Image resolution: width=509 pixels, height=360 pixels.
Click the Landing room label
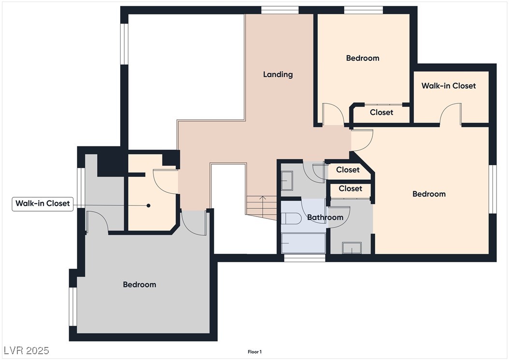click(x=278, y=74)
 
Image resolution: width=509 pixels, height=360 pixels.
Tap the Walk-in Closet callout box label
click(x=42, y=203)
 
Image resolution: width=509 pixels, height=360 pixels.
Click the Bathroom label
click(x=325, y=217)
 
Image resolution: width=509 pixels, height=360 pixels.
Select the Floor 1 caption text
click(x=254, y=352)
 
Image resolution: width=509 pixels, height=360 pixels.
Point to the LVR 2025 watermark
click(x=27, y=350)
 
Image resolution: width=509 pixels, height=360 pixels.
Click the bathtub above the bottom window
click(x=303, y=243)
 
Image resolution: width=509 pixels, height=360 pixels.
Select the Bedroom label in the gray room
click(x=140, y=285)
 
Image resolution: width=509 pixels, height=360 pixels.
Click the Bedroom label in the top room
click(x=363, y=58)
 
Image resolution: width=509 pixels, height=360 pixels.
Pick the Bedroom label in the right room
click(x=429, y=194)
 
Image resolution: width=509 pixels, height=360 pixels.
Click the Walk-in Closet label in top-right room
click(x=449, y=86)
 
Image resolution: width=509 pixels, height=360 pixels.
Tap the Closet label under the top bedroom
click(x=382, y=113)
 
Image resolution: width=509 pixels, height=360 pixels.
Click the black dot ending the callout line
click(x=148, y=206)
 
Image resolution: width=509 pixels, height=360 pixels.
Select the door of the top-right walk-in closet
click(x=451, y=114)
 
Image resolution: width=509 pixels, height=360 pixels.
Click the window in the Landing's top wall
click(x=280, y=10)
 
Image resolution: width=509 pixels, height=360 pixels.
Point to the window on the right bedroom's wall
click(x=493, y=189)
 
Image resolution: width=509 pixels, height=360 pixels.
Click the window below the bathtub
click(x=305, y=258)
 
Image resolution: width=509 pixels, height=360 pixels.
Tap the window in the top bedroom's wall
click(x=364, y=10)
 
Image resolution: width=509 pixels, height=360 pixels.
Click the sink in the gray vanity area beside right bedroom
click(x=352, y=248)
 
